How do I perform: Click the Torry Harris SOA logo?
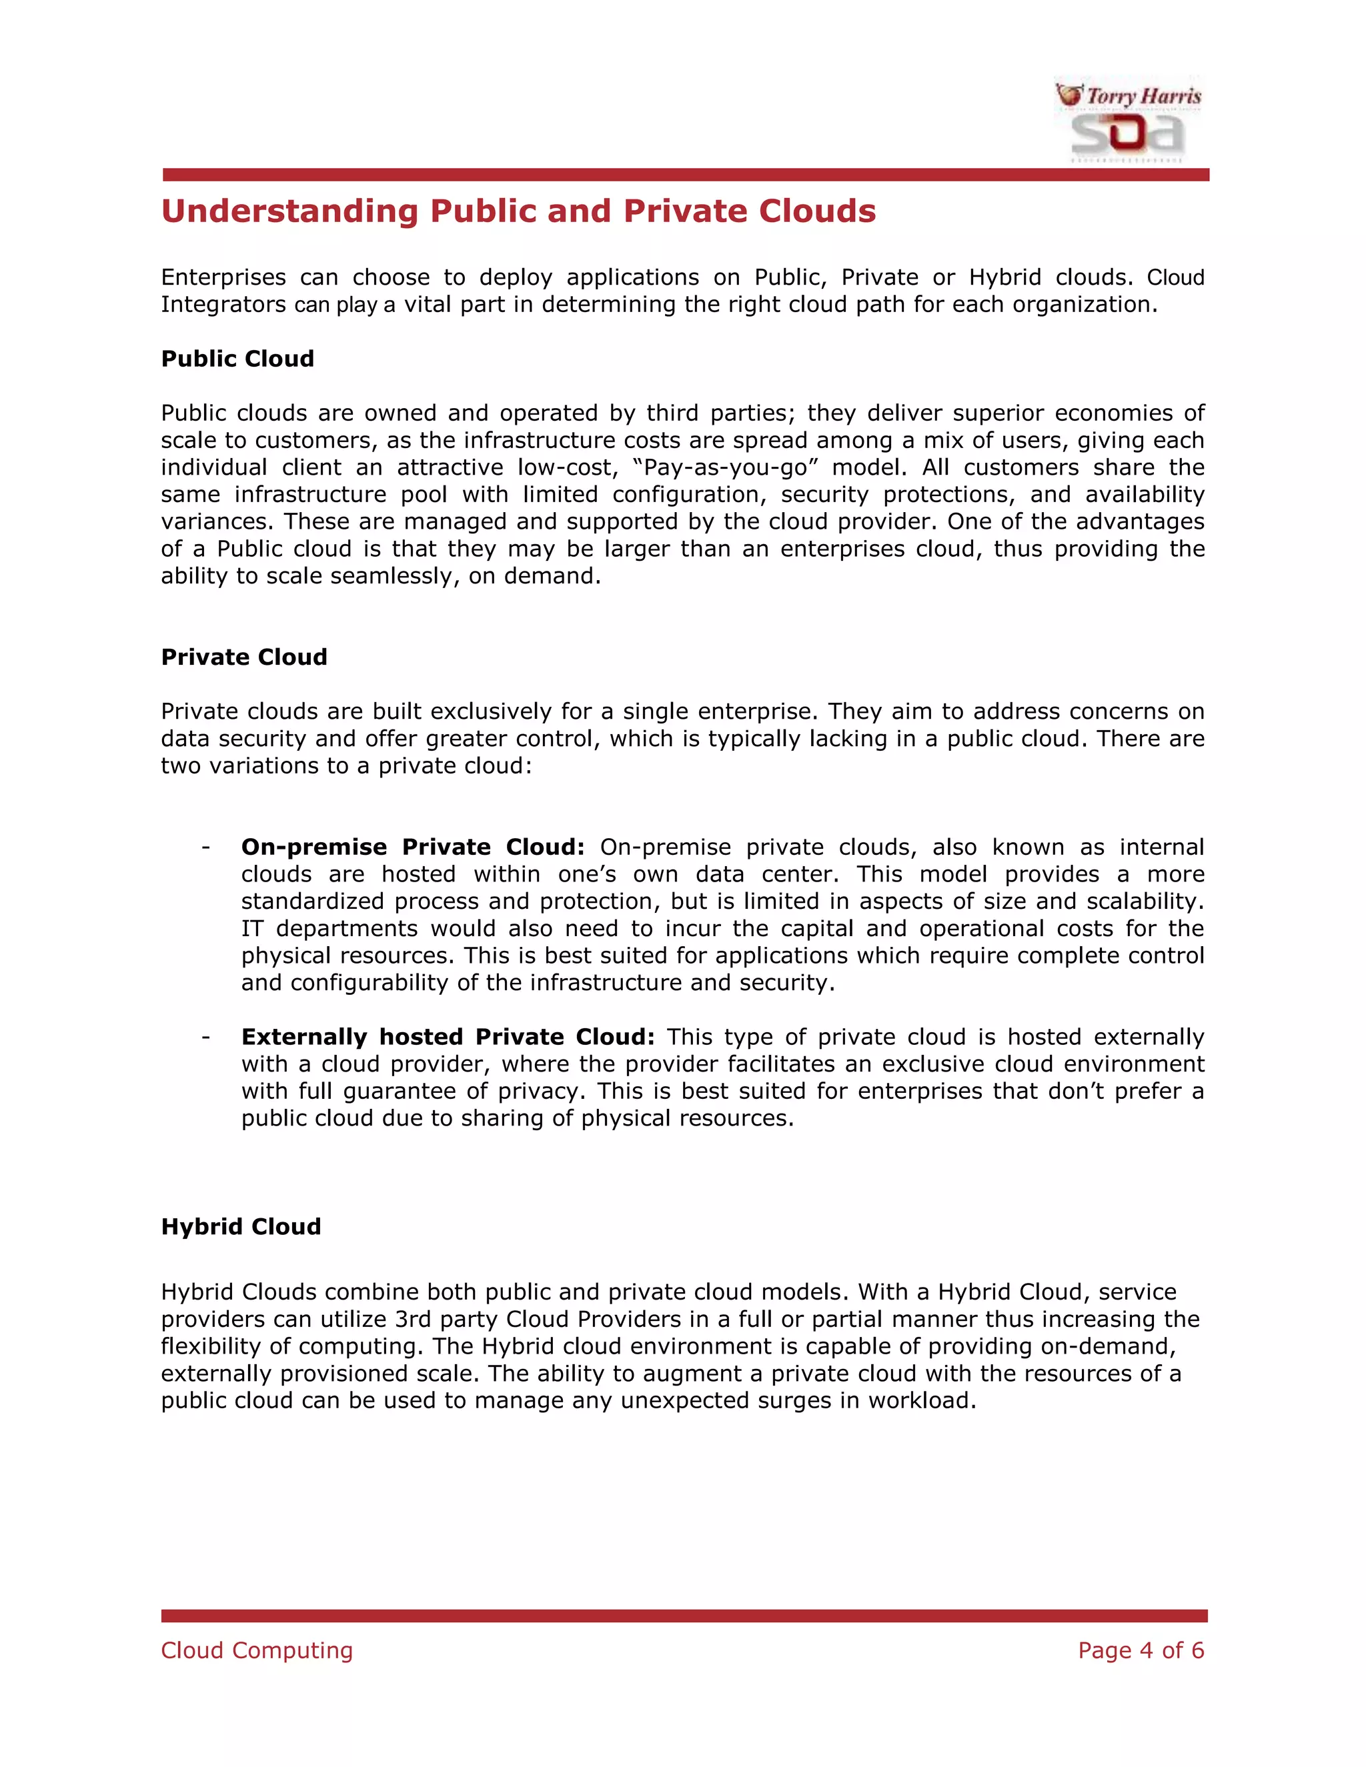click(x=1128, y=121)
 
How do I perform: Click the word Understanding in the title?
click(x=289, y=211)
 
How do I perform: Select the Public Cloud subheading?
click(x=237, y=359)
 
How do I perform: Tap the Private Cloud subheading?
click(x=243, y=656)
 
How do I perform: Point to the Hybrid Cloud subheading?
click(x=240, y=1226)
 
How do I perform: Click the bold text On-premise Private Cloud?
click(x=412, y=846)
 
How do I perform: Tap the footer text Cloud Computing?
click(x=257, y=1650)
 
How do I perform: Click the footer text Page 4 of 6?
click(x=1140, y=1650)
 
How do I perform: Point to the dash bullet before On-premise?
click(x=205, y=846)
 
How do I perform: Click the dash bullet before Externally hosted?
click(x=205, y=1036)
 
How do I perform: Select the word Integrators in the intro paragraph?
click(x=223, y=304)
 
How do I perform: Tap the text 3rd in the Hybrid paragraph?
click(x=413, y=1319)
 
